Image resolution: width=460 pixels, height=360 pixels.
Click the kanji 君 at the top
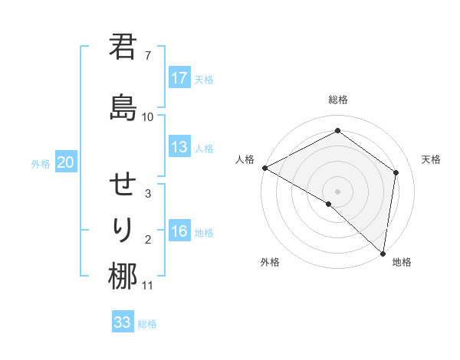123,49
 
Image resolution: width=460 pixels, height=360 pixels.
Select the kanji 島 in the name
123,106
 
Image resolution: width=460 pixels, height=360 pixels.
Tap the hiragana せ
123,185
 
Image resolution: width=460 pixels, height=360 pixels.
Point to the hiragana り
123,229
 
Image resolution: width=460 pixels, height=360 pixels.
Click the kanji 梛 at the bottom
123,276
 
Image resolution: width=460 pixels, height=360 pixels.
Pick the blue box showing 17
179,78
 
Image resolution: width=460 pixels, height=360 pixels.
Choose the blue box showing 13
179,147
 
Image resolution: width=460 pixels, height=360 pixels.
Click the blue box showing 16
179,232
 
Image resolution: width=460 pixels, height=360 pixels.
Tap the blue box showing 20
66,162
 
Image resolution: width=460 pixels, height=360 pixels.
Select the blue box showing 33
123,322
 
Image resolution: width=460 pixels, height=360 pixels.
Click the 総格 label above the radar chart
337,100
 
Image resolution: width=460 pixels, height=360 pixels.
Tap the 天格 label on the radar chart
431,159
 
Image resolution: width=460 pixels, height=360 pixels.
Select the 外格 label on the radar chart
270,262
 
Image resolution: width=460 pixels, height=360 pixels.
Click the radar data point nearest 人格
264,167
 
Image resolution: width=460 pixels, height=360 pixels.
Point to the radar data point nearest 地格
383,253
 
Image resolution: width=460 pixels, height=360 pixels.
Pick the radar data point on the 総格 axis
337,131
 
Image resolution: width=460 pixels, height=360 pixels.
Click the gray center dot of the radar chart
337,191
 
